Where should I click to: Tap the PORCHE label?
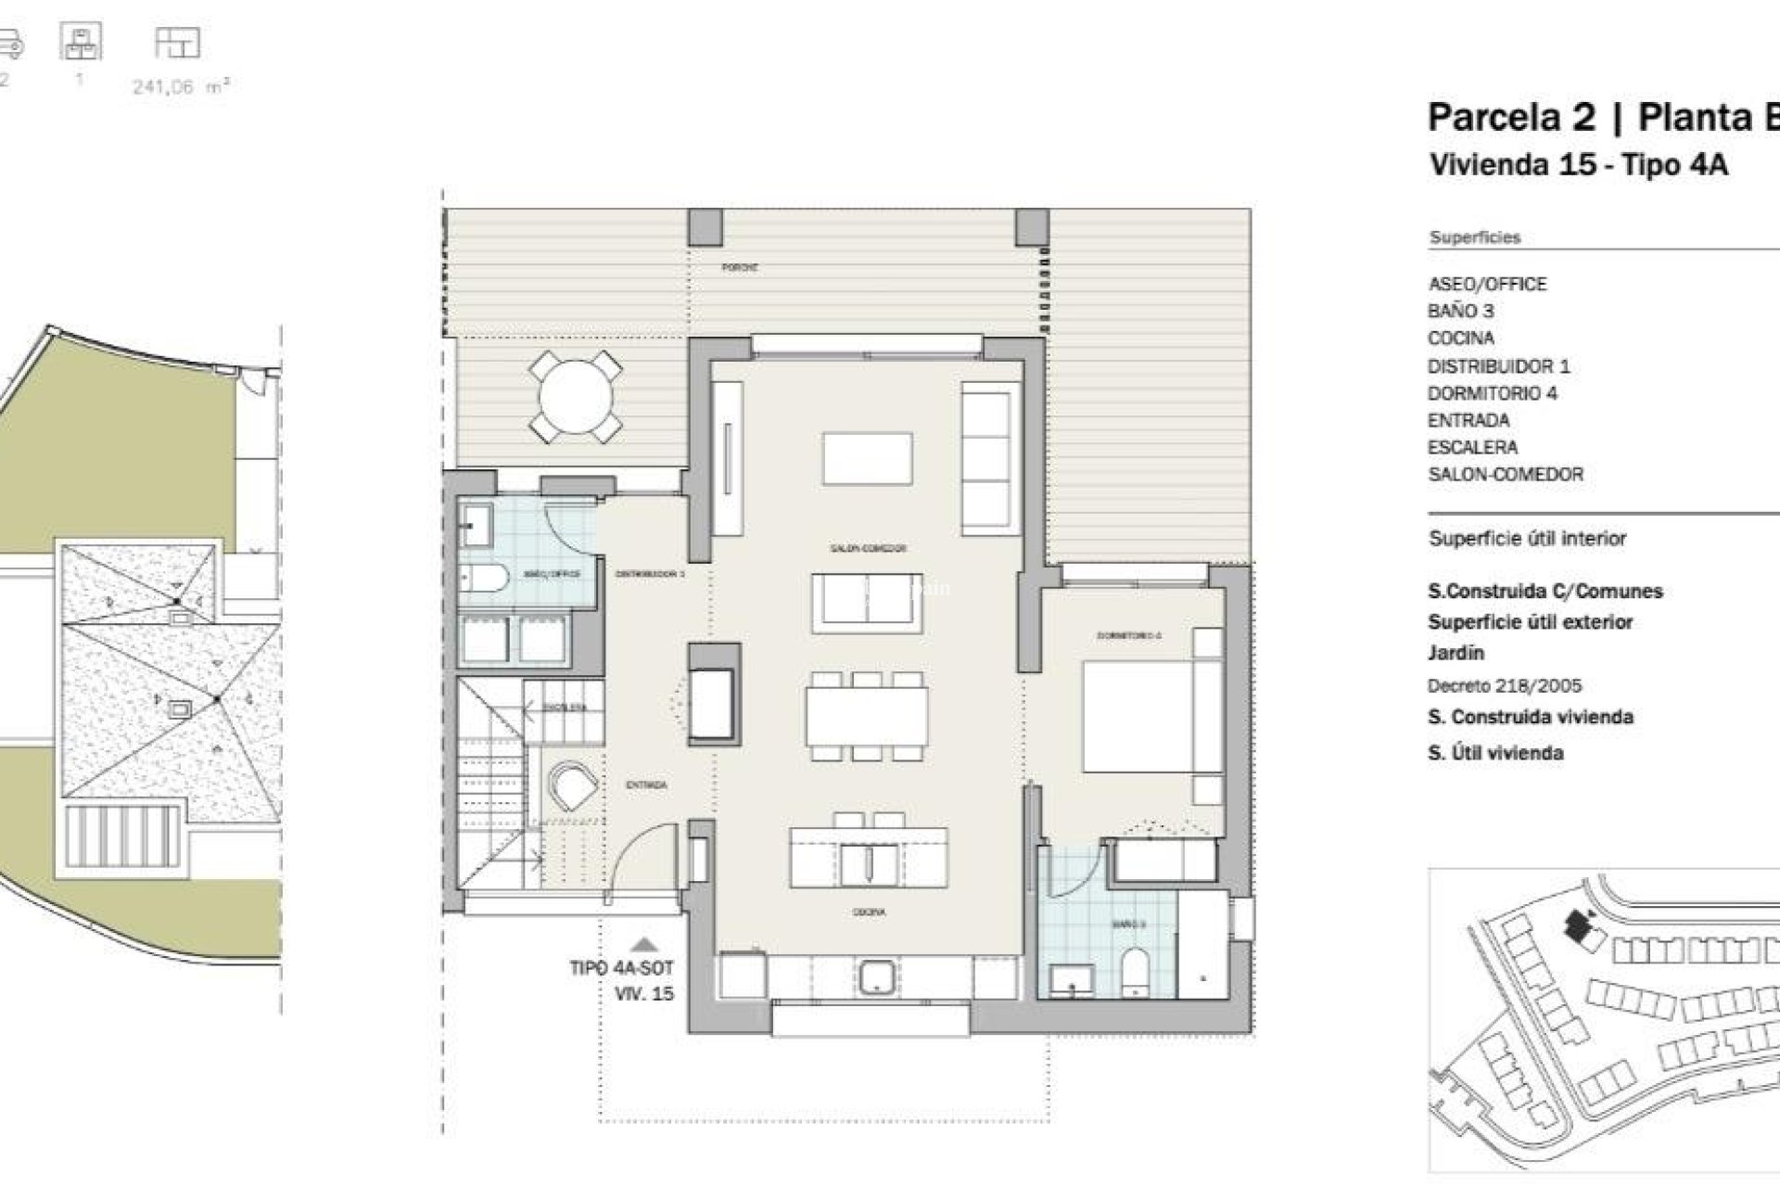tap(741, 267)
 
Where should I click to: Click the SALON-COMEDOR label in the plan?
tap(867, 548)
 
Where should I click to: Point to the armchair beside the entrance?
tap(571, 788)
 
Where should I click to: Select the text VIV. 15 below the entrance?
tap(644, 994)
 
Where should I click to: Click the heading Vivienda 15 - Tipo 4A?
tap(1578, 164)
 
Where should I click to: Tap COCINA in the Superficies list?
tap(1460, 338)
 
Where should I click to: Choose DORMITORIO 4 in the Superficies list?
tap(1492, 393)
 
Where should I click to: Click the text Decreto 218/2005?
tap(1504, 686)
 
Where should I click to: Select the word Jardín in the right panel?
tap(1456, 653)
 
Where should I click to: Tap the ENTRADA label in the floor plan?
tap(646, 785)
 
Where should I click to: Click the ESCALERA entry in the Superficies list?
tap(1472, 447)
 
